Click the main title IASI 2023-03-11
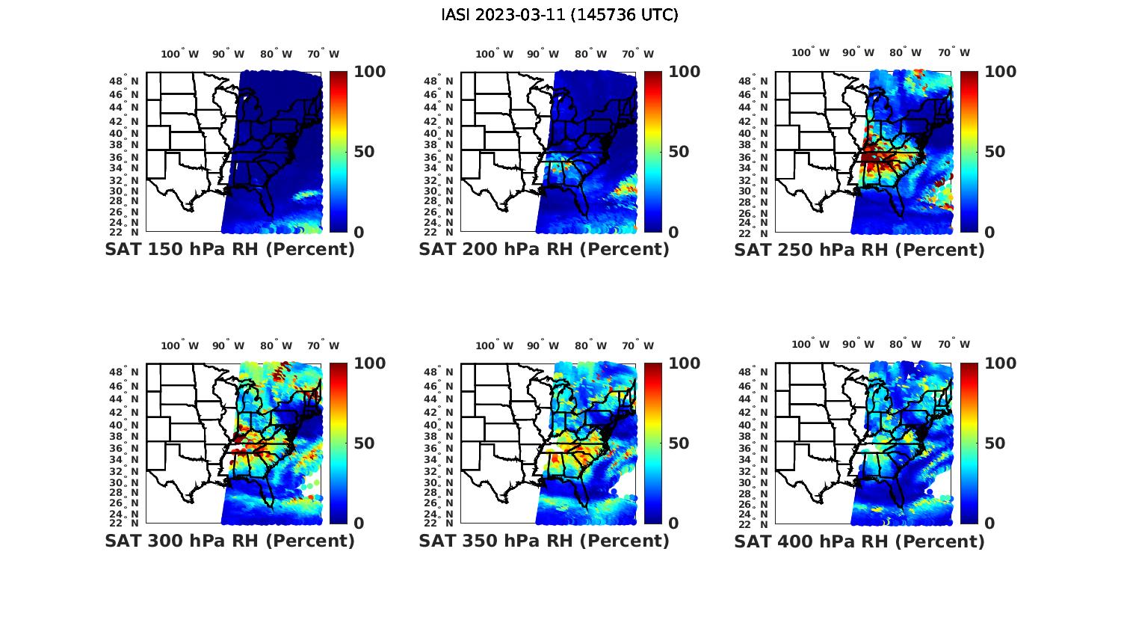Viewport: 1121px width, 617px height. click(560, 15)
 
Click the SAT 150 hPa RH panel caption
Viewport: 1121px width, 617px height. click(229, 250)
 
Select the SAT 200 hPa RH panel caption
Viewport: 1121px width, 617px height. click(544, 250)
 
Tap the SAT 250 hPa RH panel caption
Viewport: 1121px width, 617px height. click(859, 250)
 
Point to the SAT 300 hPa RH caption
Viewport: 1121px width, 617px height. click(229, 541)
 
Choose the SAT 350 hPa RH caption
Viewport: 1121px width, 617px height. click(544, 541)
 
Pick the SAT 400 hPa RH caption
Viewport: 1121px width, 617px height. click(859, 541)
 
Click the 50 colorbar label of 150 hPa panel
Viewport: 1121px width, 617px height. click(363, 152)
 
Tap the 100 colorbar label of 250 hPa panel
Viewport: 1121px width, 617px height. click(1000, 72)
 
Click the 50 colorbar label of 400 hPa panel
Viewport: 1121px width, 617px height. click(994, 443)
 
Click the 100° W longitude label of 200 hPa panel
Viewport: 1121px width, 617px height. click(494, 54)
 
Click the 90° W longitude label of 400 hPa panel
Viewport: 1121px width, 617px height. click(858, 345)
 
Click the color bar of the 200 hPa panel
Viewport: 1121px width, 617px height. click(653, 152)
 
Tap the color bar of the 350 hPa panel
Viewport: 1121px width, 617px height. click(653, 443)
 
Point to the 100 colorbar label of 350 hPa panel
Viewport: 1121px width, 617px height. click(684, 363)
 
